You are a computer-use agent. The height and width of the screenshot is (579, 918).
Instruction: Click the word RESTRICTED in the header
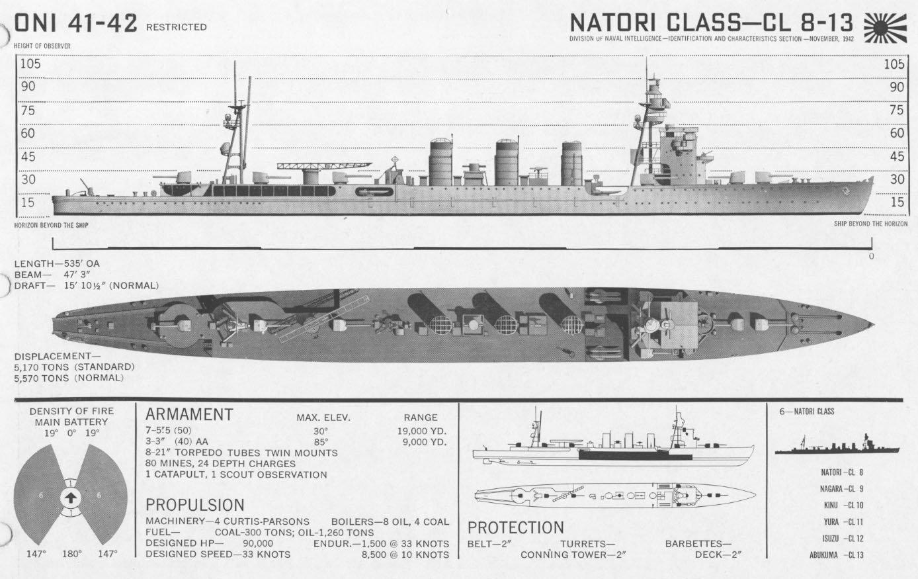point(176,27)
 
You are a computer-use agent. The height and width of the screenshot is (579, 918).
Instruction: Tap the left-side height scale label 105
point(30,64)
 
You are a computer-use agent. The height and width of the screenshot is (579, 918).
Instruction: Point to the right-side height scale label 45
point(897,157)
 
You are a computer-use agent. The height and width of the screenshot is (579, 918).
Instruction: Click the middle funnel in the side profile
point(507,162)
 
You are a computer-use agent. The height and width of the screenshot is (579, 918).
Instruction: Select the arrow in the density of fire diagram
point(70,498)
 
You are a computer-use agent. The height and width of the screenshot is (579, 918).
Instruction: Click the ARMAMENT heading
point(189,415)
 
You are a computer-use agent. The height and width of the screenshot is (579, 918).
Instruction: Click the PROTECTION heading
point(516,528)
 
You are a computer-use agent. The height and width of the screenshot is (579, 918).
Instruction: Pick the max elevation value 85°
point(321,441)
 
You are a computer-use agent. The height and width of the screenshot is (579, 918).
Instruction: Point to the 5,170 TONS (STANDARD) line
point(74,367)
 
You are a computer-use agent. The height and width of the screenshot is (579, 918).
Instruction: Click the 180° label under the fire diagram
point(71,553)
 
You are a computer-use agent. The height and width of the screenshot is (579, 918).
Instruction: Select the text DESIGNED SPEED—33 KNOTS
point(218,554)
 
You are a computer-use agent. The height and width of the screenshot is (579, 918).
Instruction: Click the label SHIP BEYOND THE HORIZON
point(870,224)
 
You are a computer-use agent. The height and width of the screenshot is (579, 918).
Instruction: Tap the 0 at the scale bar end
point(871,256)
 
